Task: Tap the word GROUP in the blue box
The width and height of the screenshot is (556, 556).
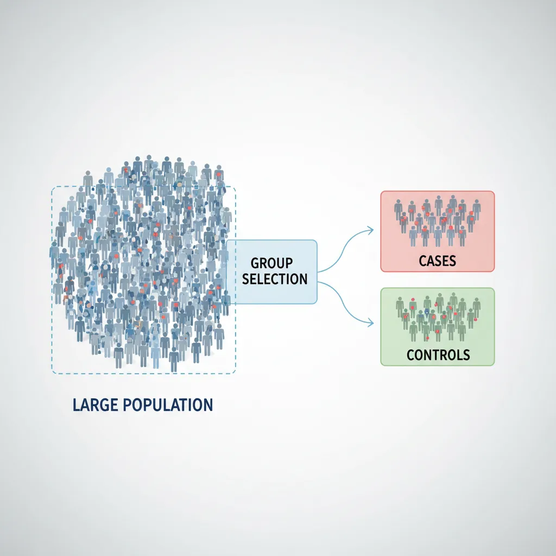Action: point(272,263)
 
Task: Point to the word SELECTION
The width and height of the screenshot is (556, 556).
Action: point(275,280)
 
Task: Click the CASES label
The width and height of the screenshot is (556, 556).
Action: point(438,261)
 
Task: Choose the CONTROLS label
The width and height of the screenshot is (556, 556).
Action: point(438,356)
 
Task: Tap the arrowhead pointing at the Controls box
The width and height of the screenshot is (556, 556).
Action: point(371,324)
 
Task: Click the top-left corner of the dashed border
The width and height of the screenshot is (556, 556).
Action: point(52,188)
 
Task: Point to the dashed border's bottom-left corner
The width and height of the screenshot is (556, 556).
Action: point(52,373)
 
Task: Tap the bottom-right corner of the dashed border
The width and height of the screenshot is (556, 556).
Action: point(235,373)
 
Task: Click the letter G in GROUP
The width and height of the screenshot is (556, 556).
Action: point(255,263)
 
